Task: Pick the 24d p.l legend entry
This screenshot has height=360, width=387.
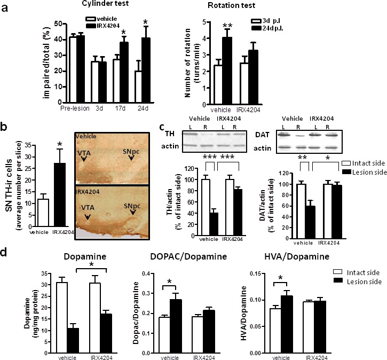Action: [273, 29]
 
